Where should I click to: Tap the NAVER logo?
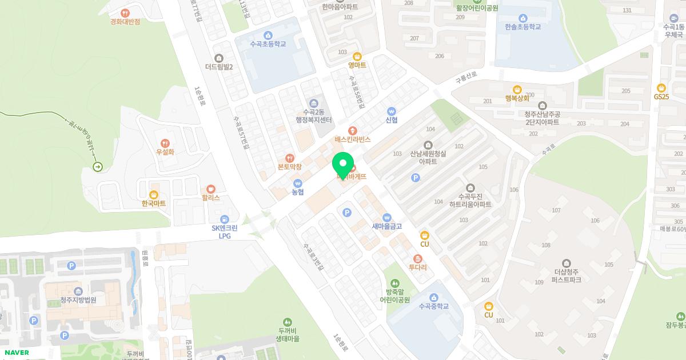coord(15,353)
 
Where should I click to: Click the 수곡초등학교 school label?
coord(268,44)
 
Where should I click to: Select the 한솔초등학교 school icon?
coord(523,18)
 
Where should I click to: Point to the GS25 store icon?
coord(661,87)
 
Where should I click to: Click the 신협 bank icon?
coord(392,111)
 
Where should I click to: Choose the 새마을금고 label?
coord(387,226)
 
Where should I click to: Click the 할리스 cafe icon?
coord(211,189)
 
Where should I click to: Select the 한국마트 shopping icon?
coord(153,194)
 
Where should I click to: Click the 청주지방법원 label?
coord(78,300)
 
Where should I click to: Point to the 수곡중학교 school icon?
coord(433,297)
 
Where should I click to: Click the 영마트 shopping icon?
coord(357,56)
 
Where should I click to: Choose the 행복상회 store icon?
coord(517,89)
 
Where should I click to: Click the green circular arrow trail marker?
coord(98,167)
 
